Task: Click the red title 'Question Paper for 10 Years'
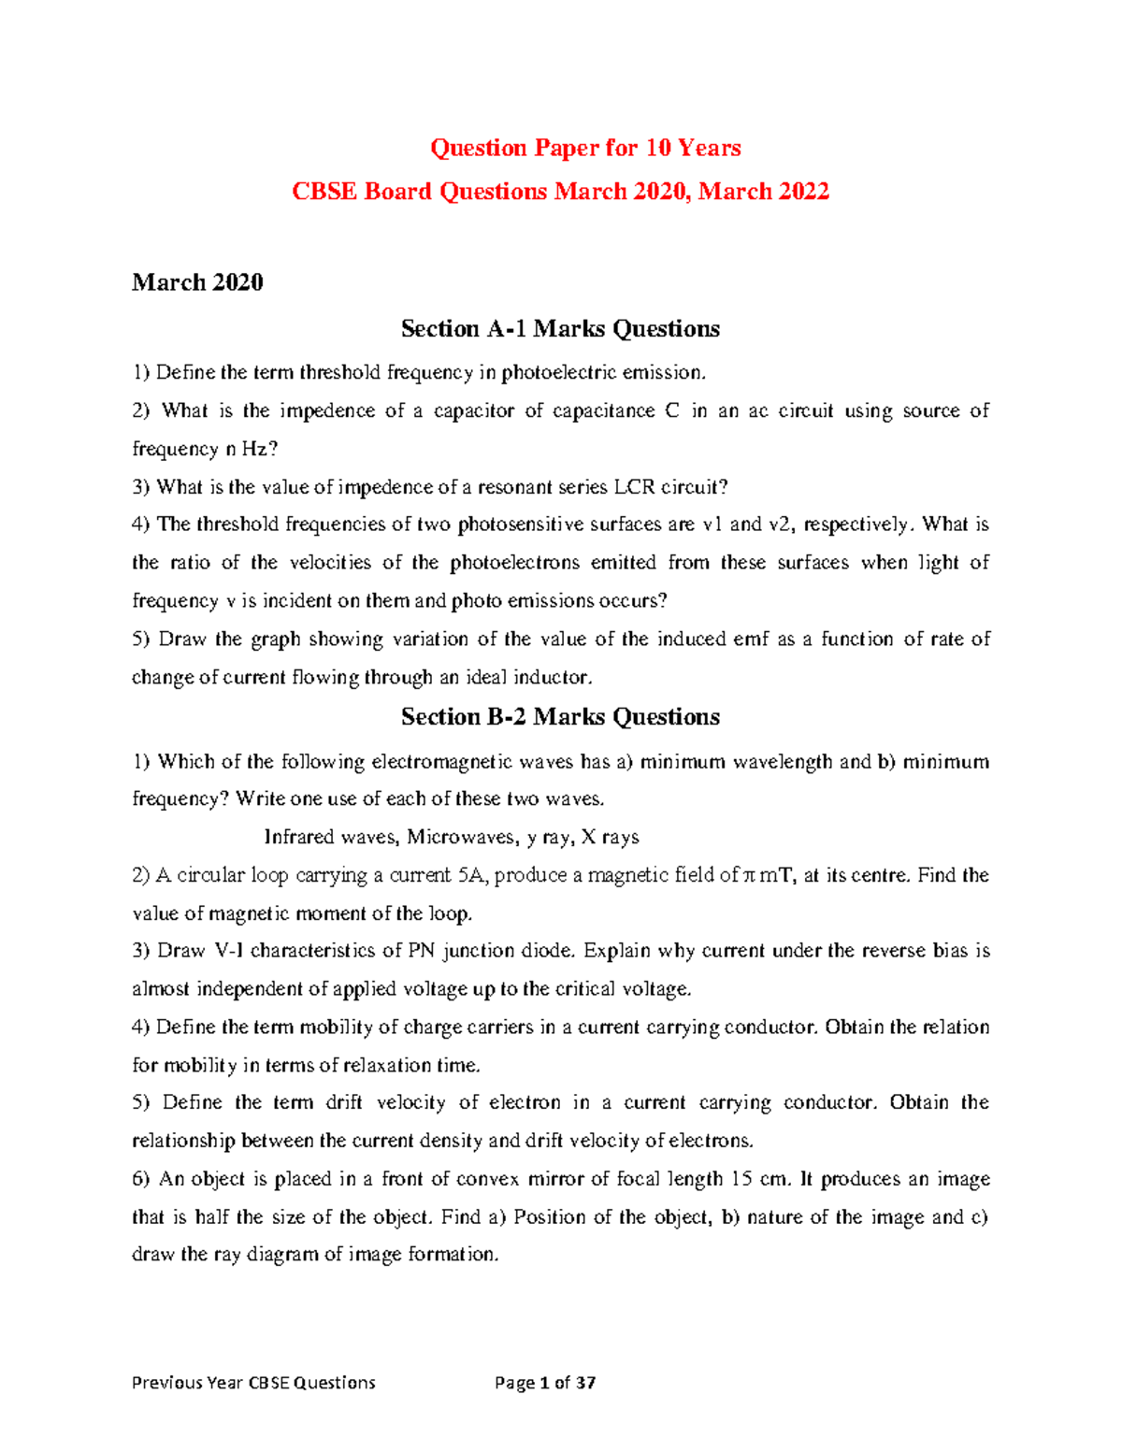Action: pos(585,148)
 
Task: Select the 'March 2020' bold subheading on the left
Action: pos(197,282)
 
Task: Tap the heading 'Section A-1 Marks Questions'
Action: pos(560,329)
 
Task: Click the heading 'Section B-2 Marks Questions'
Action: pos(560,717)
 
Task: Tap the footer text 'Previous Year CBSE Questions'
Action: pos(253,1383)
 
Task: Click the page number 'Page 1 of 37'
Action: pos(545,1383)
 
